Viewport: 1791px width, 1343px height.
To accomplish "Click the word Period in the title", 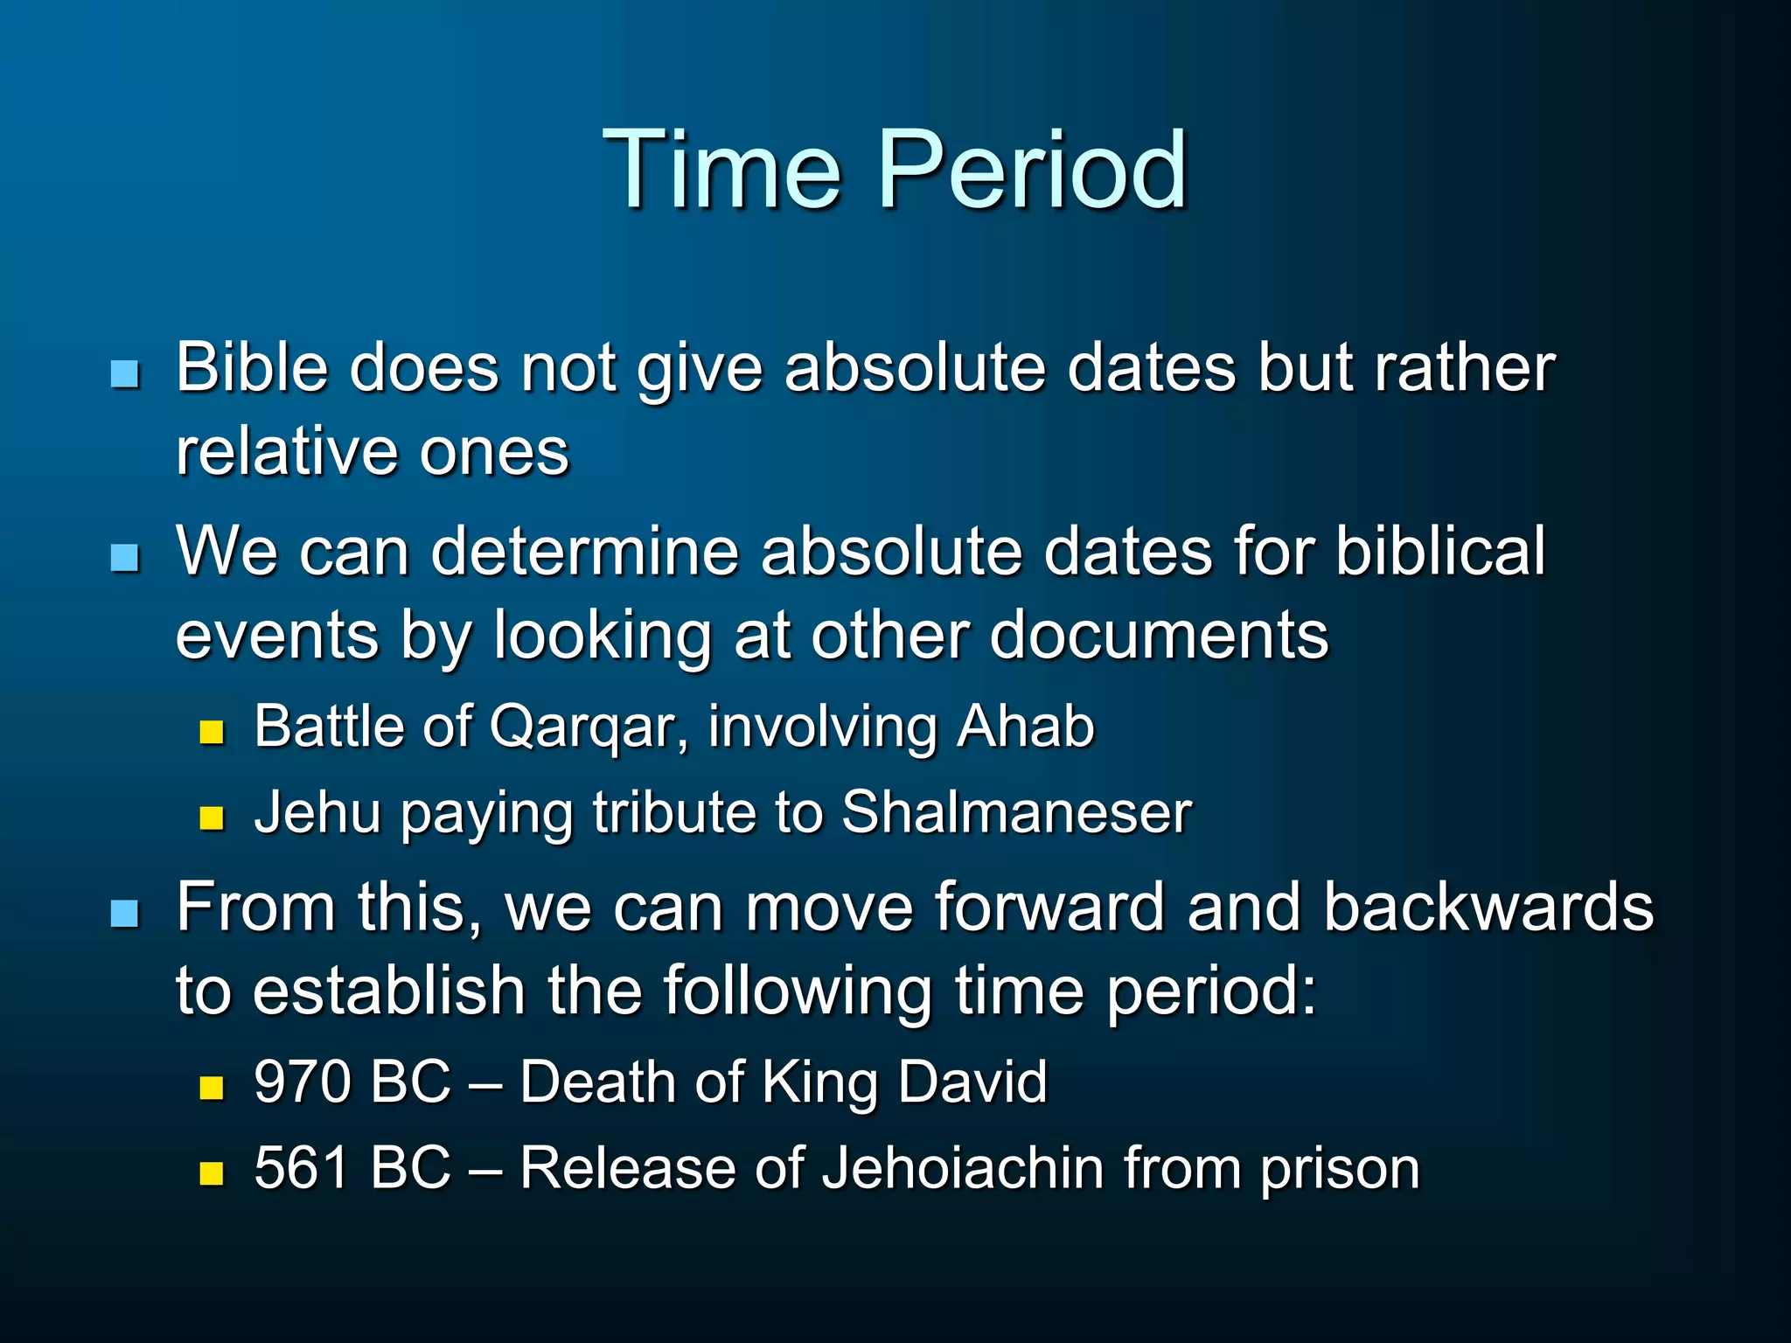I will [x=1032, y=170].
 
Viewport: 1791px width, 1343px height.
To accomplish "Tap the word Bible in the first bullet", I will [x=251, y=367].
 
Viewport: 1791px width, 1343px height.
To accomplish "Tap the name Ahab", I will [x=1025, y=727].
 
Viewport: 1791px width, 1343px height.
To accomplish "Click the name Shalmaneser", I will [x=1016, y=812].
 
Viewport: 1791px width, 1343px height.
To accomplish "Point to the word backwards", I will [x=1488, y=907].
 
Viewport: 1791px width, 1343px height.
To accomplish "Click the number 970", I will [x=303, y=1082].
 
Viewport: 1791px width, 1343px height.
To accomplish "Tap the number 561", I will [x=302, y=1168].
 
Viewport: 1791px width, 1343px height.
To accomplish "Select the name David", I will [x=972, y=1082].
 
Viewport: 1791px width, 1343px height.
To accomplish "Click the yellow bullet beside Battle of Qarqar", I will [x=212, y=732].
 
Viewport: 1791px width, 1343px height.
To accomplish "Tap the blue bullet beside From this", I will [x=125, y=914].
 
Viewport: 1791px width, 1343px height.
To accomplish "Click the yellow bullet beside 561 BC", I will [x=212, y=1173].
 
